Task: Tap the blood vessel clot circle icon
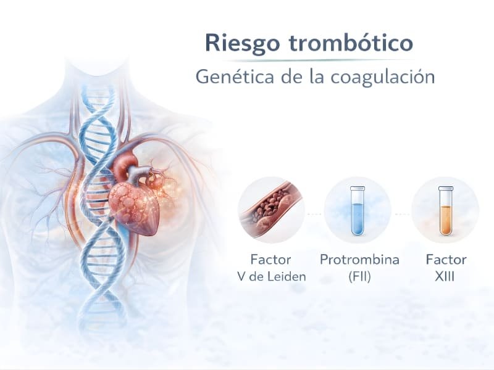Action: (x=271, y=210)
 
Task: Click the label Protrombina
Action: (x=359, y=260)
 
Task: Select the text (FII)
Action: (x=359, y=276)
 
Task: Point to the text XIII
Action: (x=445, y=276)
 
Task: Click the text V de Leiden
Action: (x=271, y=276)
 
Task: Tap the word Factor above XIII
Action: (x=446, y=260)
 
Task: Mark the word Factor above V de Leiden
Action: (x=271, y=260)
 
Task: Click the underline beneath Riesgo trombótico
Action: (x=309, y=60)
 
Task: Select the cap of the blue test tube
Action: (x=358, y=187)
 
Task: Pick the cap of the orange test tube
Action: (x=445, y=187)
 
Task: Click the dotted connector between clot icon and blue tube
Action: (x=314, y=213)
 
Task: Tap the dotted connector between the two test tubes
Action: (x=402, y=213)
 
